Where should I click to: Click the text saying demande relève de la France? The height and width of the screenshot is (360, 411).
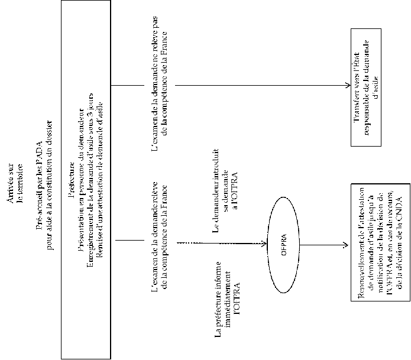pyautogui.click(x=160, y=240)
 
